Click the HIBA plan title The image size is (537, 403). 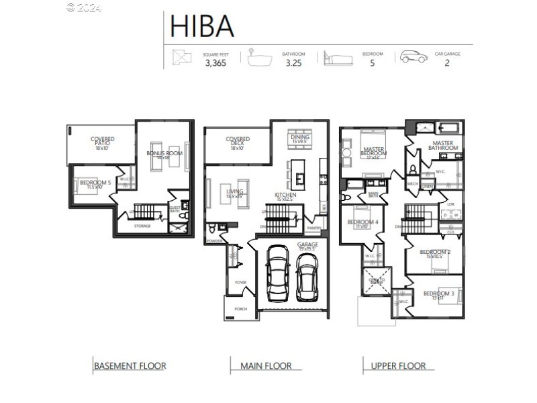point(202,26)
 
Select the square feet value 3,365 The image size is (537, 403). point(216,64)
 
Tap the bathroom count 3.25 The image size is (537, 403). point(294,64)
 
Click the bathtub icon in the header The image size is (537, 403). point(259,57)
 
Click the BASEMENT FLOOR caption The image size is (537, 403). point(130,366)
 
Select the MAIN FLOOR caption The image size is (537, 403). point(266,366)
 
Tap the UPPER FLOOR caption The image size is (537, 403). point(398,366)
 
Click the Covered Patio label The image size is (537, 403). point(103,142)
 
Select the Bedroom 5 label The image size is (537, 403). point(95,183)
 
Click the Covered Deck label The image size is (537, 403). point(238,142)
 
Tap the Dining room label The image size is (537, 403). point(300,139)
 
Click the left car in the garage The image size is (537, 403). point(277,275)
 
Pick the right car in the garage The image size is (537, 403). point(307,277)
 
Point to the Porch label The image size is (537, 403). point(240,309)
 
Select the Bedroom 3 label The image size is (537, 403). point(438,295)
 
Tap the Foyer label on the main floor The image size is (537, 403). point(240,283)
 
